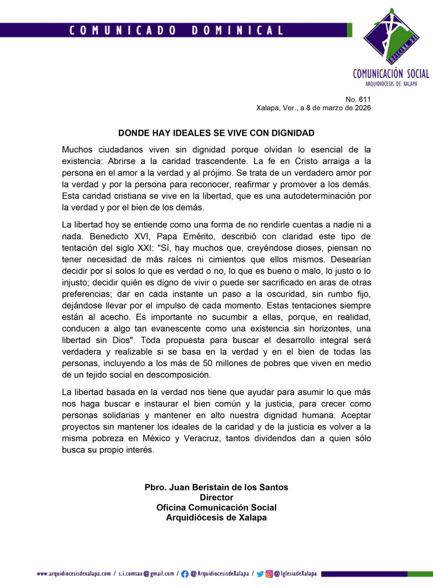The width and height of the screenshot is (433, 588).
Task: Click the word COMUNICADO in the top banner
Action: pyautogui.click(x=123, y=30)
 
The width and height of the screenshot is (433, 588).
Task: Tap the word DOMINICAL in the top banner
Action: pyautogui.click(x=237, y=30)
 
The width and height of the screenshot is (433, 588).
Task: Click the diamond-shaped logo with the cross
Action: pyautogui.click(x=391, y=37)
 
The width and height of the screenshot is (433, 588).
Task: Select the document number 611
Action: pyautogui.click(x=365, y=99)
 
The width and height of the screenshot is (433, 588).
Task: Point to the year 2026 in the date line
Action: pyautogui.click(x=362, y=108)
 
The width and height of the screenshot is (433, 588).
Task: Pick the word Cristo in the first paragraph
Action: pyautogui.click(x=306, y=161)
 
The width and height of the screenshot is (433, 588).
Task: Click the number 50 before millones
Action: pyautogui.click(x=207, y=363)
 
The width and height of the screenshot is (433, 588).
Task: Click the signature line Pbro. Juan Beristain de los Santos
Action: pyautogui.click(x=216, y=487)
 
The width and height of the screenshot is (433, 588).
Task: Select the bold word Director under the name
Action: pyautogui.click(x=216, y=498)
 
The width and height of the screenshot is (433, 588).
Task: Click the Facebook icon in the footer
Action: pyautogui.click(x=185, y=574)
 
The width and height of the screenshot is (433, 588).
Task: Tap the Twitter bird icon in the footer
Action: pyautogui.click(x=260, y=574)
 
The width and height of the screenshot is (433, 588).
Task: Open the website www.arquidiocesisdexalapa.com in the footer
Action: pyautogui.click(x=74, y=574)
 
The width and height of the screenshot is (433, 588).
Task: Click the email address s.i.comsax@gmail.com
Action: pyautogui.click(x=146, y=574)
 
